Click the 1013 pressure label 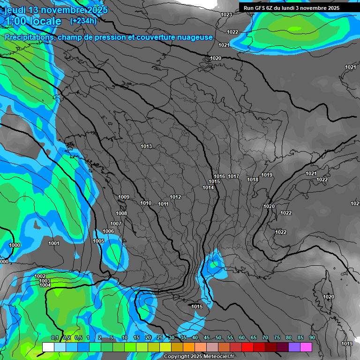(x=146, y=147)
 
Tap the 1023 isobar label (x=226, y=15)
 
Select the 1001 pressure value (x=54, y=243)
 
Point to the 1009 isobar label (x=124, y=197)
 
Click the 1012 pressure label (x=175, y=197)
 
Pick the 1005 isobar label (x=98, y=241)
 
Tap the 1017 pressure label (x=233, y=177)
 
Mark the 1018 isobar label (x=253, y=180)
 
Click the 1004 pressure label (x=45, y=285)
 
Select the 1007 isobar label (x=116, y=224)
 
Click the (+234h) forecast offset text (x=83, y=21)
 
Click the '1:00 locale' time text (x=32, y=21)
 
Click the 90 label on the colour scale (x=312, y=338)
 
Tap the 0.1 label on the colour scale (x=55, y=338)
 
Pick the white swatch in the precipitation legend (x=48, y=347)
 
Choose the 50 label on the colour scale (x=218, y=338)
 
